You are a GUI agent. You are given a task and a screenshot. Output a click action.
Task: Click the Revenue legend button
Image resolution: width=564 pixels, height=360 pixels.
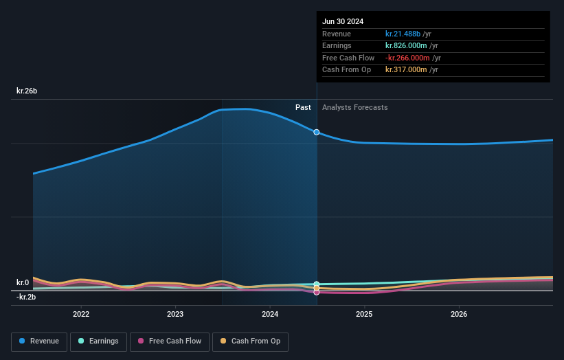[40, 341]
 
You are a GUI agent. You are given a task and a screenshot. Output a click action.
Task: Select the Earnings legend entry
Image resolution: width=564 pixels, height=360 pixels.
[98, 341]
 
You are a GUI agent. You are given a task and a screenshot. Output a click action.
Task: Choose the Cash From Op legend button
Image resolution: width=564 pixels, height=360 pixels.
[250, 341]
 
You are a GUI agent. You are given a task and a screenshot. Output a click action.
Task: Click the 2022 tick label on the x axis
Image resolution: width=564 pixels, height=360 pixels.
[81, 314]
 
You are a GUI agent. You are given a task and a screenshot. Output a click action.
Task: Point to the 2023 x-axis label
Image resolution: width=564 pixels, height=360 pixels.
[175, 314]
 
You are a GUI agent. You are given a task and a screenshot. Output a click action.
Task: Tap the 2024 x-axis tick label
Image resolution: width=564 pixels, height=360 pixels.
[270, 314]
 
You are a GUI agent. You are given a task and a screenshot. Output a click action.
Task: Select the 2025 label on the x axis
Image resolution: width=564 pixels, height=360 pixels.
[364, 314]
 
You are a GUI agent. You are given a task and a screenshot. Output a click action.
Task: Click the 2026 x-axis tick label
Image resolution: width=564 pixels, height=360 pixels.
[459, 314]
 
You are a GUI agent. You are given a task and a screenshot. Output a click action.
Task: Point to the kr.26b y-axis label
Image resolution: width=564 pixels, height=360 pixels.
[27, 91]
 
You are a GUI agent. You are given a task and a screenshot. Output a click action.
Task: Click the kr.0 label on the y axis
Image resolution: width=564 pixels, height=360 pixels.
[23, 282]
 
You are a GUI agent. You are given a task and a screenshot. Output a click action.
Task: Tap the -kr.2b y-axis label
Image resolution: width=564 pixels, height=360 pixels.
[26, 297]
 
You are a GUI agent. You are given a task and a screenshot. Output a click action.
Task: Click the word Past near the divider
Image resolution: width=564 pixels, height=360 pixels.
[303, 107]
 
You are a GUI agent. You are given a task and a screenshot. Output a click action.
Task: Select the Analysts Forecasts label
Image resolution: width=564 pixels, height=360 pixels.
[354, 107]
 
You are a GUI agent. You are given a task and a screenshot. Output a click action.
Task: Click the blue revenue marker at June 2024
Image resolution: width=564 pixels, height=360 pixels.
[317, 132]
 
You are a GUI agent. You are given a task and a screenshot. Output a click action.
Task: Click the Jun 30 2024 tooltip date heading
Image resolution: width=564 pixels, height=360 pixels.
[343, 21]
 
